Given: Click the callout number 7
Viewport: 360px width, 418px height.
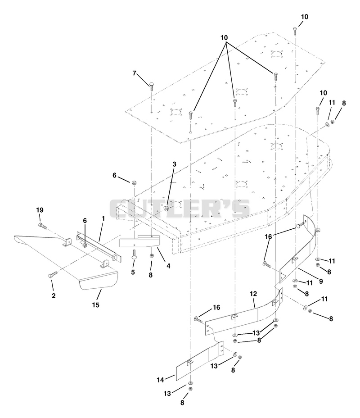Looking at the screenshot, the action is pos(135,73).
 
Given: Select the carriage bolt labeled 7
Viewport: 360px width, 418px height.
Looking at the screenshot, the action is pos(152,86).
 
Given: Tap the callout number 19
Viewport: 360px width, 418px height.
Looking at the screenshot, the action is pos(40,210).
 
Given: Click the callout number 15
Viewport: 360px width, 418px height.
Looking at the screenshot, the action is pos(95,305).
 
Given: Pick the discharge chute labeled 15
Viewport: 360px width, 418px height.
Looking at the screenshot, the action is pos(67,261).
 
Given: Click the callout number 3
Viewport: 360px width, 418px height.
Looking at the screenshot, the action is pos(175,164).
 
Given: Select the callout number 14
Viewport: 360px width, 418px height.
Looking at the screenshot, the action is pos(160,380).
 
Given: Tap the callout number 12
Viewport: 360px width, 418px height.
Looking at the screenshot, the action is pos(253,294).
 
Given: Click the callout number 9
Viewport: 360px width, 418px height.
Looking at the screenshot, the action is pos(321,281).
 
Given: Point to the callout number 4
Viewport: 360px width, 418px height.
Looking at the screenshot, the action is pos(168,266).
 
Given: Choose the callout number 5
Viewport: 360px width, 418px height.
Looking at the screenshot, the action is pos(133,272).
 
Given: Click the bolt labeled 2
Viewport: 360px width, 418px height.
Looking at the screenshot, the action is pos(53,275).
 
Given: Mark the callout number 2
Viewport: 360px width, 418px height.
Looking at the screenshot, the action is pos(54,295).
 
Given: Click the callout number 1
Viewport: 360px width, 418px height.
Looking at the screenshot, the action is pos(103,218).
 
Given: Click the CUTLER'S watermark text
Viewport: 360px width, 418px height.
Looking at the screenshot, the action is pos(180,208).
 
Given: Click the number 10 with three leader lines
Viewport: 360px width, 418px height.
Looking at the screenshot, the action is pos(224,38).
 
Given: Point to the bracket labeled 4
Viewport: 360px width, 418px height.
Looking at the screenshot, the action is pos(139,241).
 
